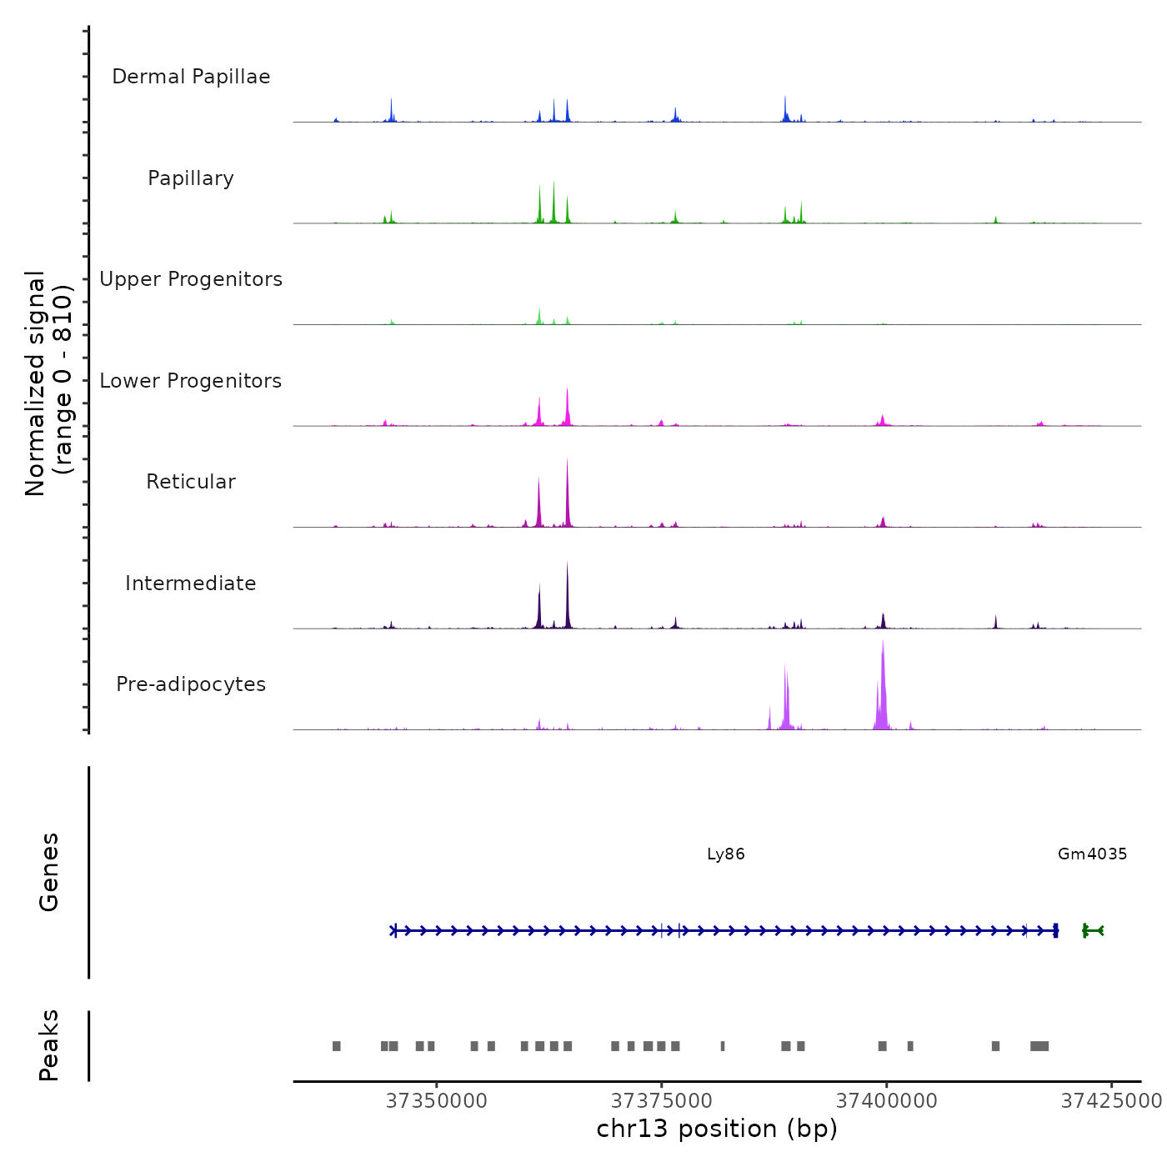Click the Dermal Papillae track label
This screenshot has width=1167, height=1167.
click(191, 77)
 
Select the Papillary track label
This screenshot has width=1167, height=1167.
click(191, 178)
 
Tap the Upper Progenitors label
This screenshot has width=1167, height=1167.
click(191, 279)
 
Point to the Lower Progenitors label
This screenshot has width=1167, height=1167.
click(191, 381)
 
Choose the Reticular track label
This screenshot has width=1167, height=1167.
click(191, 482)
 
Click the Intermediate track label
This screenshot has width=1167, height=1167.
click(191, 583)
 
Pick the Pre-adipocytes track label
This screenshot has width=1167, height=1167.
click(191, 684)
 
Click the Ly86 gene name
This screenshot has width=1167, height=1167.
click(725, 854)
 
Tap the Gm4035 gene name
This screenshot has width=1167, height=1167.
click(1092, 854)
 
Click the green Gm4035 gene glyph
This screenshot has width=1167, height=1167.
click(1093, 930)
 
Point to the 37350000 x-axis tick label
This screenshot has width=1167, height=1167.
click(437, 1101)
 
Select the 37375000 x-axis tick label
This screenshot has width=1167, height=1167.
click(662, 1101)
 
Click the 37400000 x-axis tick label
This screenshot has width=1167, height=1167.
click(887, 1101)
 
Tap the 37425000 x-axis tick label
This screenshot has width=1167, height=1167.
click(1111, 1101)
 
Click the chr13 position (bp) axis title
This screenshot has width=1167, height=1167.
click(717, 1129)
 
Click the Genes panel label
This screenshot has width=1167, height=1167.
click(49, 872)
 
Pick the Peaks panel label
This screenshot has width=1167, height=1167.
click(49, 1045)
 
